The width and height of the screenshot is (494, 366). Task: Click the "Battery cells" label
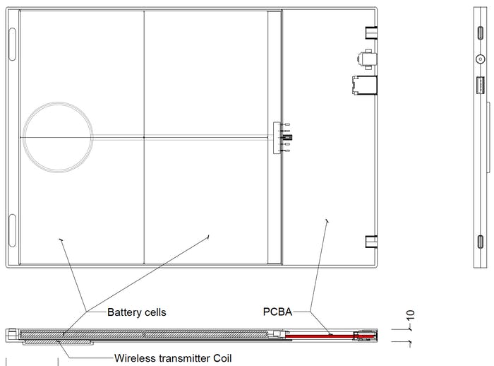[x=136, y=312]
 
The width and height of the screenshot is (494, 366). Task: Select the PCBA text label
[x=277, y=312]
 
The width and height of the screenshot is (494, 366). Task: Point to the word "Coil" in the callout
[x=222, y=358]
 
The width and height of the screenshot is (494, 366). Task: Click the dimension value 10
[x=410, y=315]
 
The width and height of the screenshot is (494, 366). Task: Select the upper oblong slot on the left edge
[x=12, y=44]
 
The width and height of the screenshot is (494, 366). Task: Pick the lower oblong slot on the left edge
[x=12, y=230]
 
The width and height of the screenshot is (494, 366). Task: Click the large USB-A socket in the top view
[x=364, y=85]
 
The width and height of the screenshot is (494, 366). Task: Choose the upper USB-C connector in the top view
[x=371, y=33]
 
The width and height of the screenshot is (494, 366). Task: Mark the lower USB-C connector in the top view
[x=371, y=242]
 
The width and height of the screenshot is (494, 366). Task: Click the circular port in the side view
[x=480, y=59]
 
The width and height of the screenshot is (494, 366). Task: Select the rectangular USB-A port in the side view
[x=480, y=85]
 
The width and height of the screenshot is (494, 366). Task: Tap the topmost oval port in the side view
[x=480, y=33]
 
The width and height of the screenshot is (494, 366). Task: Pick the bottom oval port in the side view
[x=480, y=242]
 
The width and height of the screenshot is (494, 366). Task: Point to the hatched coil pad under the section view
[x=59, y=342]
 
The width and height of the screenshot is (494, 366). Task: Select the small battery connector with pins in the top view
[x=282, y=138]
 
